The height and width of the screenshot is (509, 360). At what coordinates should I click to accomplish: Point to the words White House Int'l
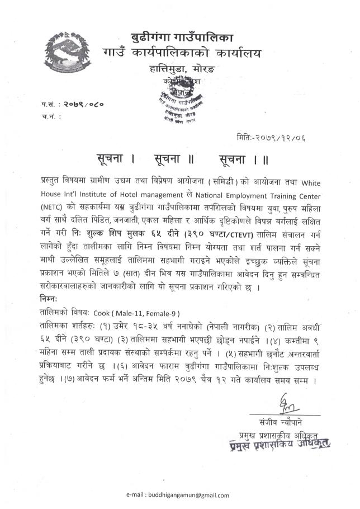click(x=310, y=182)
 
